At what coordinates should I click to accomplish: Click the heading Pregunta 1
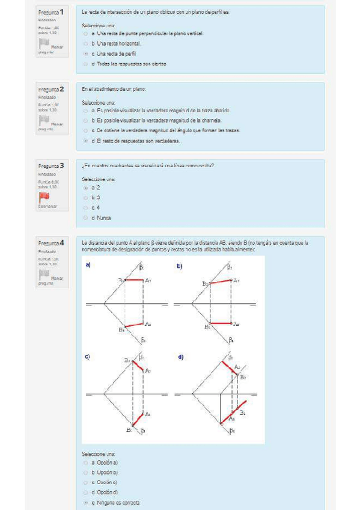click(53, 13)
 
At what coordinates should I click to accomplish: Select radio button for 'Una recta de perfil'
click(86, 54)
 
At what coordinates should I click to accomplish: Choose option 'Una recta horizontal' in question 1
click(86, 44)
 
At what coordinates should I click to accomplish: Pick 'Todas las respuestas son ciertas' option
click(86, 64)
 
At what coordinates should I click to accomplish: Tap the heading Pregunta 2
click(53, 89)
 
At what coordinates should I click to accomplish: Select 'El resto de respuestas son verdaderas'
click(86, 141)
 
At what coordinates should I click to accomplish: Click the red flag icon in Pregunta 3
click(44, 196)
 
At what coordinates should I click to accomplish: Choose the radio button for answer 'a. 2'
click(86, 188)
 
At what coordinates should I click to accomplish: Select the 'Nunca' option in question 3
click(86, 218)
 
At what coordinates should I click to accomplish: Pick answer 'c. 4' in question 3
click(86, 207)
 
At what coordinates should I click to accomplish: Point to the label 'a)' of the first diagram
click(88, 265)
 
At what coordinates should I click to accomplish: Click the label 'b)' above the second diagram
click(179, 265)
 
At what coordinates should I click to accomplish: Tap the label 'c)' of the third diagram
click(88, 357)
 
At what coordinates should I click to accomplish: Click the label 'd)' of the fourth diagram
click(180, 357)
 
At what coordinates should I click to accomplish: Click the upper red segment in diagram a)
click(132, 280)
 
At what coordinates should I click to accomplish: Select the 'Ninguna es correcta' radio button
click(86, 502)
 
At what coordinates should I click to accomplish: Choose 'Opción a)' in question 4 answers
click(86, 462)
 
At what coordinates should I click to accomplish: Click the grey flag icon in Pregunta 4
click(44, 275)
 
